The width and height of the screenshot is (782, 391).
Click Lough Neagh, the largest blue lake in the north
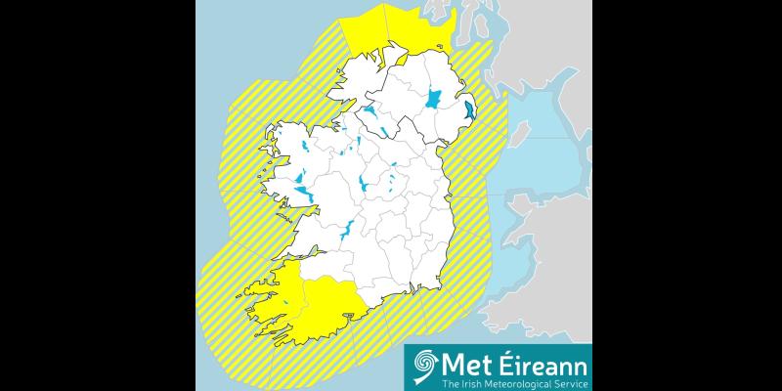click(433, 98)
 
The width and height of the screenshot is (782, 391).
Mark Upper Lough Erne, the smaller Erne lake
click(388, 132)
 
